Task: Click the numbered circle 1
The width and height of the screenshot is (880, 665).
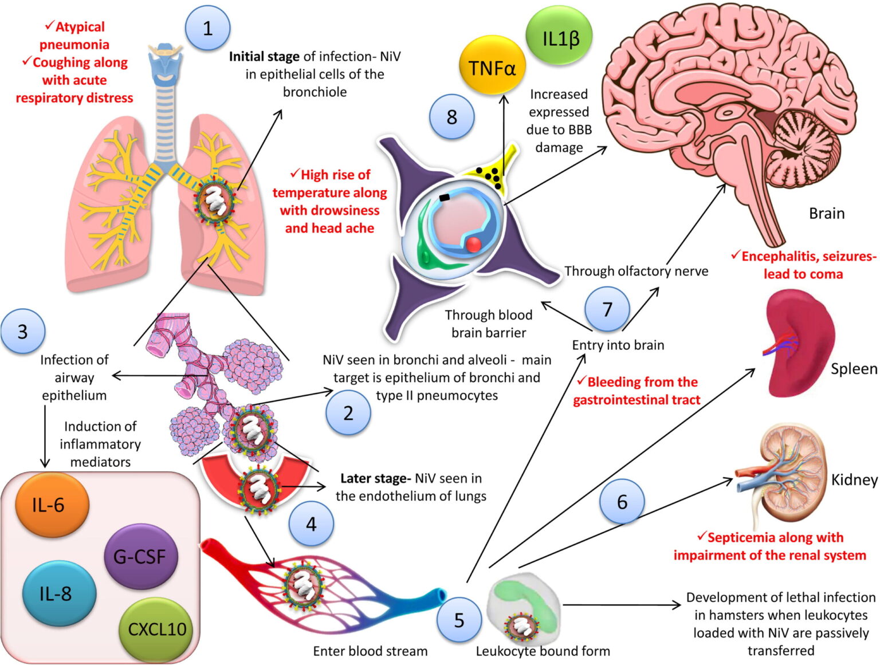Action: (207, 28)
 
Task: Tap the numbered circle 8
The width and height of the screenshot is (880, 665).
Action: (451, 117)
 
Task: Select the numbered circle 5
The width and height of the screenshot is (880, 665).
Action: (459, 620)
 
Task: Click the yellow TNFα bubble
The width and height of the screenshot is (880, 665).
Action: (492, 68)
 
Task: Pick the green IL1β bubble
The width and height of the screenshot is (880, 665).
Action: (560, 38)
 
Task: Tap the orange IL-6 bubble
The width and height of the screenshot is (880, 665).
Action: (49, 505)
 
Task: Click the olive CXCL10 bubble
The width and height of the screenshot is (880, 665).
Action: (156, 629)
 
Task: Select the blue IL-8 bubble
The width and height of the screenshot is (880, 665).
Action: (56, 593)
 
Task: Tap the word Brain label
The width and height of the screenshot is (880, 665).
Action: (826, 213)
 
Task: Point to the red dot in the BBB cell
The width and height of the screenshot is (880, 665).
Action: (473, 244)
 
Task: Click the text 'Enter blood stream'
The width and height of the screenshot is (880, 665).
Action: (370, 651)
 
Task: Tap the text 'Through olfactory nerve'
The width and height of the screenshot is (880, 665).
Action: (636, 271)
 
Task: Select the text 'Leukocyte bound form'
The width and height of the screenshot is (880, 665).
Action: (543, 651)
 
